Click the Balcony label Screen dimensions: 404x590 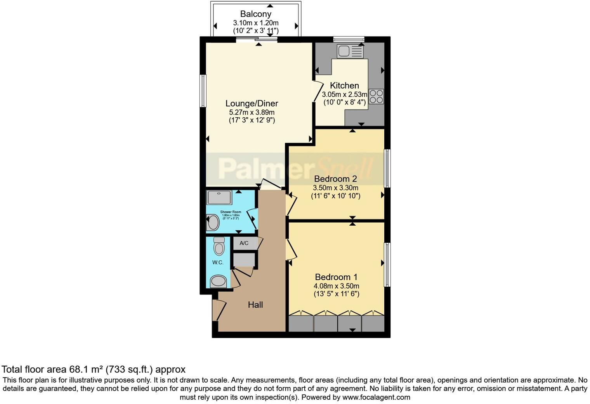click(255, 14)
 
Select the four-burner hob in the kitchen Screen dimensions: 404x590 click(376, 96)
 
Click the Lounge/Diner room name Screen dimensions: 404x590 click(252, 103)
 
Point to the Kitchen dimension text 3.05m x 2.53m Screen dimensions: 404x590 click(344, 94)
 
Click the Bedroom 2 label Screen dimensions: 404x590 click(335, 179)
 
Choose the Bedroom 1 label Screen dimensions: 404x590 click(336, 277)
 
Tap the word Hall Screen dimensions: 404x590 click(255, 305)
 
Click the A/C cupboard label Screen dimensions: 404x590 click(244, 243)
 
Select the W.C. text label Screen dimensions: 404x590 click(218, 262)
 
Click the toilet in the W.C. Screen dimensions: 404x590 click(219, 246)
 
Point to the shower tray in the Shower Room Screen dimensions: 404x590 click(219, 197)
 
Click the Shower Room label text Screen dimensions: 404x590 click(231, 212)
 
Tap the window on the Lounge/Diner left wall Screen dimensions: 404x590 click(203, 91)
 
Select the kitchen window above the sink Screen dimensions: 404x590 click(349, 39)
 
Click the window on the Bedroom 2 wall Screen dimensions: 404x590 click(387, 168)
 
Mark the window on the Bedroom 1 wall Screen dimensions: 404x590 click(387, 265)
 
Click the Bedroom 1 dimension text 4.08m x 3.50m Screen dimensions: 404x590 click(336, 286)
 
